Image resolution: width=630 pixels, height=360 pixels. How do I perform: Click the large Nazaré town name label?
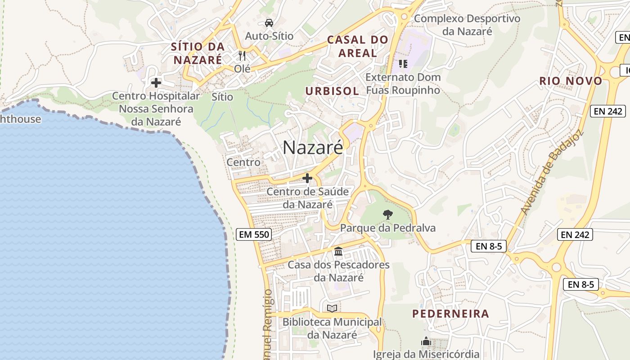(313, 148)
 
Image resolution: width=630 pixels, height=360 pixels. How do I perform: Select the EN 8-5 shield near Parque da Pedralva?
(489, 246)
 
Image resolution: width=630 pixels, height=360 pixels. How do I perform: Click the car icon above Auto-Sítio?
(269, 23)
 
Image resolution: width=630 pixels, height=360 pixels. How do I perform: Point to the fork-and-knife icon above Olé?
(243, 56)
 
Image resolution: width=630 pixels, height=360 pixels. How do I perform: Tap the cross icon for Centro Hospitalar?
(156, 83)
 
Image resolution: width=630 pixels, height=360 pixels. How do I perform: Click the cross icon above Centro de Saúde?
(307, 179)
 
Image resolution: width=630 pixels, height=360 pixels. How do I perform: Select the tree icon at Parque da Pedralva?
(387, 215)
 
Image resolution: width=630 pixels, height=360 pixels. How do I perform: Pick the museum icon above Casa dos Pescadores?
(338, 251)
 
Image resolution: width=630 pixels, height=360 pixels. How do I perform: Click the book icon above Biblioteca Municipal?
(332, 309)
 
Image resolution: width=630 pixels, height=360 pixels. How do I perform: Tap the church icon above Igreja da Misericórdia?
(426, 342)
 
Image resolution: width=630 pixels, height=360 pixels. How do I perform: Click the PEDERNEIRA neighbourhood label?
(450, 314)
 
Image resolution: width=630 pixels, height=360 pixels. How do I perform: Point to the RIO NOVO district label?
(571, 81)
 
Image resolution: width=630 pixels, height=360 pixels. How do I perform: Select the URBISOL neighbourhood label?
(332, 91)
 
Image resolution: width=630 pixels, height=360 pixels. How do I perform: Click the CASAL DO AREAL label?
(358, 46)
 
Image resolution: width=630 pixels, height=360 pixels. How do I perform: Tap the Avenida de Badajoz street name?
(551, 173)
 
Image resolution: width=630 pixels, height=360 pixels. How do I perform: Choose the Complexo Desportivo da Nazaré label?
(467, 25)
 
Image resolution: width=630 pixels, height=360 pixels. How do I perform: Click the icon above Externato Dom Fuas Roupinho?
(403, 64)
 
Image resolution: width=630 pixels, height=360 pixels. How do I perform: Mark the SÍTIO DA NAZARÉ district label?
(198, 53)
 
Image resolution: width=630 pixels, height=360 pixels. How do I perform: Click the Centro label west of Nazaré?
(243, 162)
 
